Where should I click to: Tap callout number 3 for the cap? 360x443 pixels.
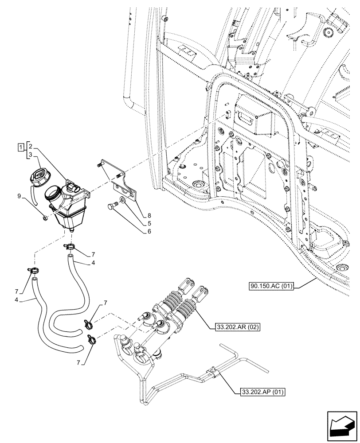click(31, 155)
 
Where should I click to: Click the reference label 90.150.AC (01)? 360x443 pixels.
click(271, 286)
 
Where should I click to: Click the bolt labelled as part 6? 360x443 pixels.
click(112, 206)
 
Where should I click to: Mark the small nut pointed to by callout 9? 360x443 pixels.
click(46, 218)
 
